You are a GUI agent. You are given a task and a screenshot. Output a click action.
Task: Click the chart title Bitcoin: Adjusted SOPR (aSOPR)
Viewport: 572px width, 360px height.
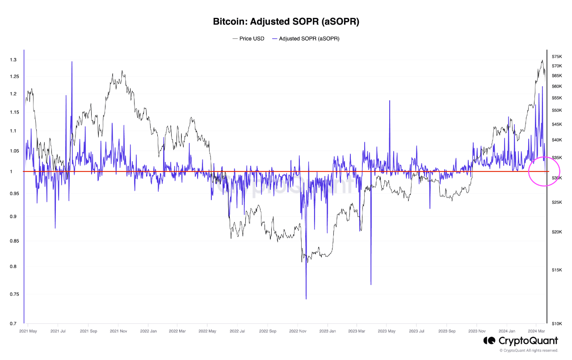[286, 21]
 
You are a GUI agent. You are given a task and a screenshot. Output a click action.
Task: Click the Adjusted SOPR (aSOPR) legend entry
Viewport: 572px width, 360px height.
[309, 39]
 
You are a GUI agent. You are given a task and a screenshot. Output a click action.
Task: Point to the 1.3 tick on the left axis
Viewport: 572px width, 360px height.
[13, 60]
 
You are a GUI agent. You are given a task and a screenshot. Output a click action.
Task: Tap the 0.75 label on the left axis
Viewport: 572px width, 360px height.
[13, 294]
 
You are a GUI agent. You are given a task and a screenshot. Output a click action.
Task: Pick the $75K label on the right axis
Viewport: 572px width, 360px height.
[557, 57]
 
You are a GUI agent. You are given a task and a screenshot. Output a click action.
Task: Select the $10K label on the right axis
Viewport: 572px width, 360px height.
[557, 323]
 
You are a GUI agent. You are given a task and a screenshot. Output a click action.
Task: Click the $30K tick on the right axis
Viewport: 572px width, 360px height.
[557, 178]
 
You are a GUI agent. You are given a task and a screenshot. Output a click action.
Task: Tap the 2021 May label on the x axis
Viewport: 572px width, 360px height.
[28, 331]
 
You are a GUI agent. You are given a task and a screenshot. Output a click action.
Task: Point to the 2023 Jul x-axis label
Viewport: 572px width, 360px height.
[416, 331]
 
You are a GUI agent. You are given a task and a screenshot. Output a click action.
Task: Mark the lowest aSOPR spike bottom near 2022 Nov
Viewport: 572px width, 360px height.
[306, 299]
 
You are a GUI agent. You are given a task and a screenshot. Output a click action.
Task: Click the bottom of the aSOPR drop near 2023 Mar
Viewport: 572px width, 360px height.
[371, 284]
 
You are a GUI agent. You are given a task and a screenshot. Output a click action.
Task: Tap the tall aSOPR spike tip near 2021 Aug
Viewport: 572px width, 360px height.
[71, 62]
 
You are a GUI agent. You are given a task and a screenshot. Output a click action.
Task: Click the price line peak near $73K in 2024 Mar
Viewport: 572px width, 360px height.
[542, 60]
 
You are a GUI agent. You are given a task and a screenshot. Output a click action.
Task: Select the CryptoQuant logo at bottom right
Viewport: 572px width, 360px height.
[520, 341]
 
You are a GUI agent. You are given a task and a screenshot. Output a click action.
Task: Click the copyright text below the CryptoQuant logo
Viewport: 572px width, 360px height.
[529, 351]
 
